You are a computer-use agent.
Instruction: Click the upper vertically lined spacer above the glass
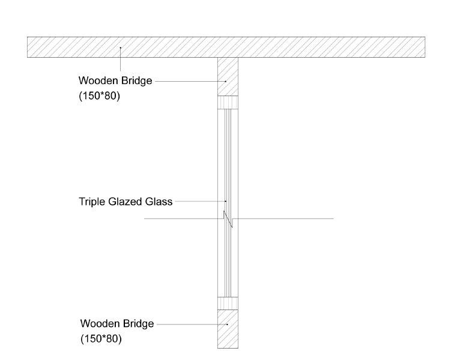pos(228,103)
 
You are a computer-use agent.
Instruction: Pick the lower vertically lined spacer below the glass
pos(228,303)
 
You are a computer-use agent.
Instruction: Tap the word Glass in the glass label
pos(159,201)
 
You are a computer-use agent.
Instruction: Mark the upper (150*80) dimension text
pos(100,95)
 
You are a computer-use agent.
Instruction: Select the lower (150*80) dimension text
pos(101,338)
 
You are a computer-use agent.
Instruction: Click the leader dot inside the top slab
pos(121,47)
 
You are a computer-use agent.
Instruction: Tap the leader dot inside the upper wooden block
pos(226,81)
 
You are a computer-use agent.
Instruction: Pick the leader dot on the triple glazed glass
pos(226,201)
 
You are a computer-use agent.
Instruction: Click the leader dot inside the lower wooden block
pos(228,324)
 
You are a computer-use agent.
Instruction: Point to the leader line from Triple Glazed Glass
pos(199,201)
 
